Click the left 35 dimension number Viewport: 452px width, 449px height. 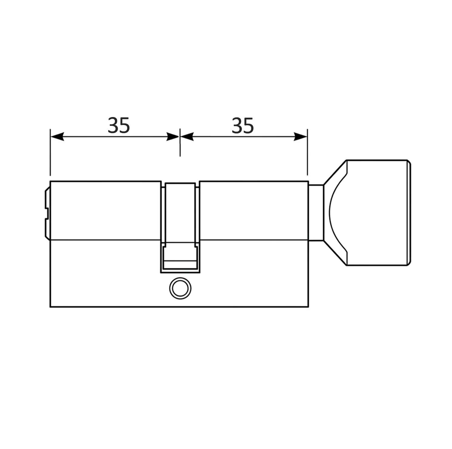(x=119, y=125)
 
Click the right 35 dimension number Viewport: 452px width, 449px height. (x=243, y=125)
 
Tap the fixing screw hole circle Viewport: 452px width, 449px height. (x=180, y=288)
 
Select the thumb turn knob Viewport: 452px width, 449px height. (x=367, y=213)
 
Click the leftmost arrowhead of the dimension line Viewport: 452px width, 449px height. (x=57, y=136)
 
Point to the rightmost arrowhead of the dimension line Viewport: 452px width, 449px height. (x=301, y=136)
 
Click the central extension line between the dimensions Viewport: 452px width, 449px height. (x=180, y=142)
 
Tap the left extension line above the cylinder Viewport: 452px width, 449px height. (x=50, y=152)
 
